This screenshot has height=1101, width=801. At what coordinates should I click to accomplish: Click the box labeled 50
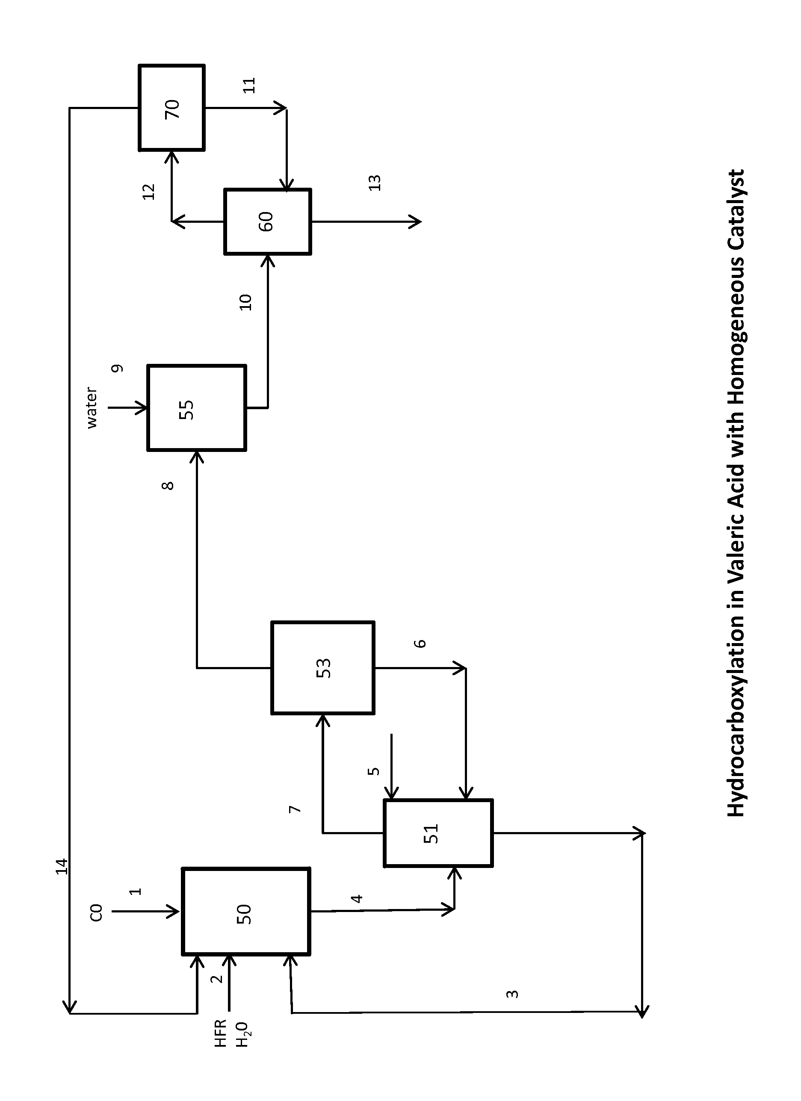click(x=245, y=914)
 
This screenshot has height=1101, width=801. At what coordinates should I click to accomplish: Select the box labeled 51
click(x=438, y=833)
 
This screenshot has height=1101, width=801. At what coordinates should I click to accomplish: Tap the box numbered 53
click(x=322, y=668)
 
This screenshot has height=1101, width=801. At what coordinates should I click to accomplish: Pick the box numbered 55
click(x=196, y=408)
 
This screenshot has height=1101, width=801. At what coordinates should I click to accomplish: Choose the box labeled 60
click(x=267, y=221)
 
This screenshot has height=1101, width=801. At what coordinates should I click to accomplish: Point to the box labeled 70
click(x=171, y=108)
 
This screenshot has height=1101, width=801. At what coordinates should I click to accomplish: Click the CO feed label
click(x=97, y=912)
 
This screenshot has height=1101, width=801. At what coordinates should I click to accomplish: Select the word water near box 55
click(x=91, y=408)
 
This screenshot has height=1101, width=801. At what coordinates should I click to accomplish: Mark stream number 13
click(x=375, y=183)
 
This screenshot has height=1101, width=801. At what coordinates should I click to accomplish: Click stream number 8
click(x=168, y=485)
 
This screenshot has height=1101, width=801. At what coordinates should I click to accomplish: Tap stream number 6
click(x=420, y=643)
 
